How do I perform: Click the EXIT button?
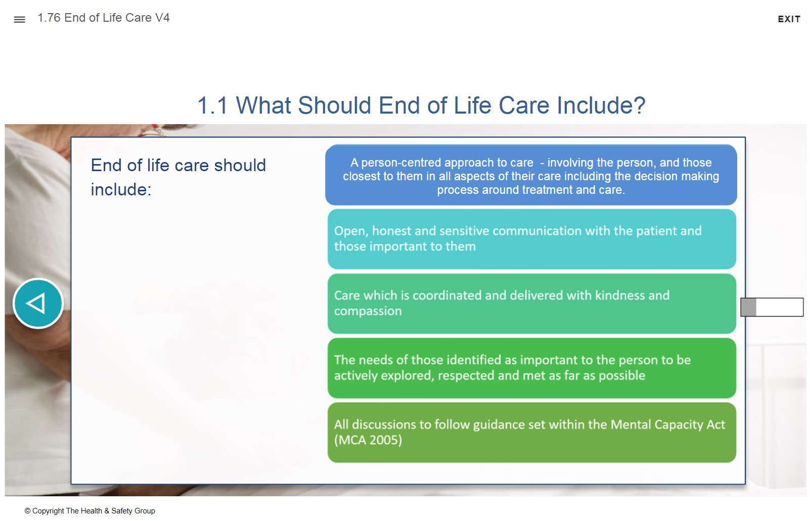tap(789, 19)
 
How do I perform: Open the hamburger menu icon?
tap(20, 20)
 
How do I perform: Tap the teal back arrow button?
tap(38, 303)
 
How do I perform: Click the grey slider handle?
tap(748, 307)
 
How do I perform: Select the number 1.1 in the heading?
tap(212, 106)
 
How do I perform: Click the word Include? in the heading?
tap(601, 106)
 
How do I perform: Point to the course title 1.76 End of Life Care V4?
tap(104, 18)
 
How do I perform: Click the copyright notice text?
tap(89, 510)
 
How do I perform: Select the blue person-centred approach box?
tap(531, 175)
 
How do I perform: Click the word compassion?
tap(368, 311)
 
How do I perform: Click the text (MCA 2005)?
tap(368, 440)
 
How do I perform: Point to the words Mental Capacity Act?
tap(667, 425)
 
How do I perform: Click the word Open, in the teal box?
tap(351, 231)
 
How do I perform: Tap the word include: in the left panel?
tap(121, 189)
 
